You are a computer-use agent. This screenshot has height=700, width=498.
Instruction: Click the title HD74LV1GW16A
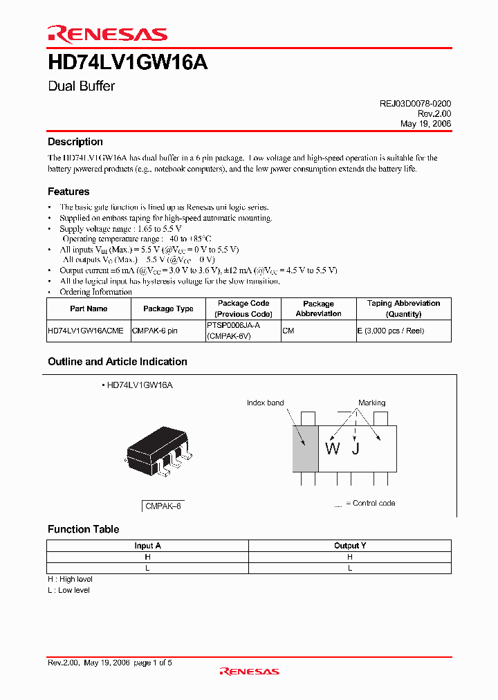click(127, 63)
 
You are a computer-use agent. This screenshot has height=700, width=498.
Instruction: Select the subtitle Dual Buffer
click(81, 86)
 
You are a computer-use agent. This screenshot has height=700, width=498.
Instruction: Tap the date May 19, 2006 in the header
click(425, 123)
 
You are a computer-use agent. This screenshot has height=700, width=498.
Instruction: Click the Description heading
click(75, 142)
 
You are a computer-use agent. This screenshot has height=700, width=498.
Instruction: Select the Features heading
click(68, 192)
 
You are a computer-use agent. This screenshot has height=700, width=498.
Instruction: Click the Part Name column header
click(89, 309)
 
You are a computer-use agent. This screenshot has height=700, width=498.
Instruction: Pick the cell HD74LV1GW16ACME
click(86, 331)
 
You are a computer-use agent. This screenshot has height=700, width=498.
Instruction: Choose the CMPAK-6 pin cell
click(154, 331)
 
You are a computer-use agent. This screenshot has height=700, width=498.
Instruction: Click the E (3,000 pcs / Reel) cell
click(390, 331)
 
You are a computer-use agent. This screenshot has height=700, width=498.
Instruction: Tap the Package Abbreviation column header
click(318, 308)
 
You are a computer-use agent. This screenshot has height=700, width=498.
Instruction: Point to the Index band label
click(265, 403)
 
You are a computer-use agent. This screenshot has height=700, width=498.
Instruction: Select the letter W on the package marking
click(333, 449)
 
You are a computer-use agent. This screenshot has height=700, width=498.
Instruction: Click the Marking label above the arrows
click(371, 403)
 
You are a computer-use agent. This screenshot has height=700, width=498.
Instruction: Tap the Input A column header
click(147, 546)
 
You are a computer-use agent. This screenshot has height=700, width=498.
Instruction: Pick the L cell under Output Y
click(350, 568)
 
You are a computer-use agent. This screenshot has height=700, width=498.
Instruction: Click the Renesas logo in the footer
click(249, 671)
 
